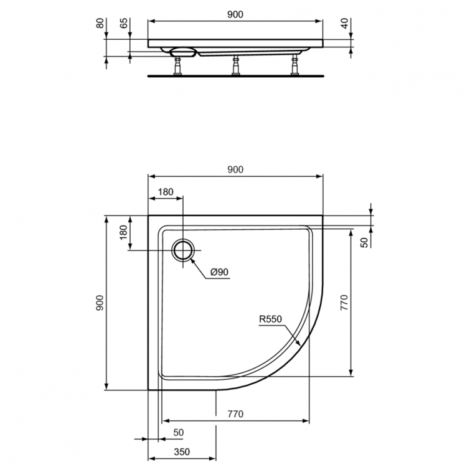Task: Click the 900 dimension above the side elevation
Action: pos(235,14)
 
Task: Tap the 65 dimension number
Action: pos(124,23)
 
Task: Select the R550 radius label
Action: pos(271,319)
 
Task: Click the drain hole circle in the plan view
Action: pos(183,250)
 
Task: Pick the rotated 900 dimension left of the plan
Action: pos(100,303)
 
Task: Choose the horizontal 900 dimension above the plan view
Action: pos(235,169)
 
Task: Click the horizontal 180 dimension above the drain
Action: pos(166,192)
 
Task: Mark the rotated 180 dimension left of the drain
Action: pos(123,234)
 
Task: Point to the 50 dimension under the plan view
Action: pos(179,432)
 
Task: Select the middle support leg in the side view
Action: pos(235,64)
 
